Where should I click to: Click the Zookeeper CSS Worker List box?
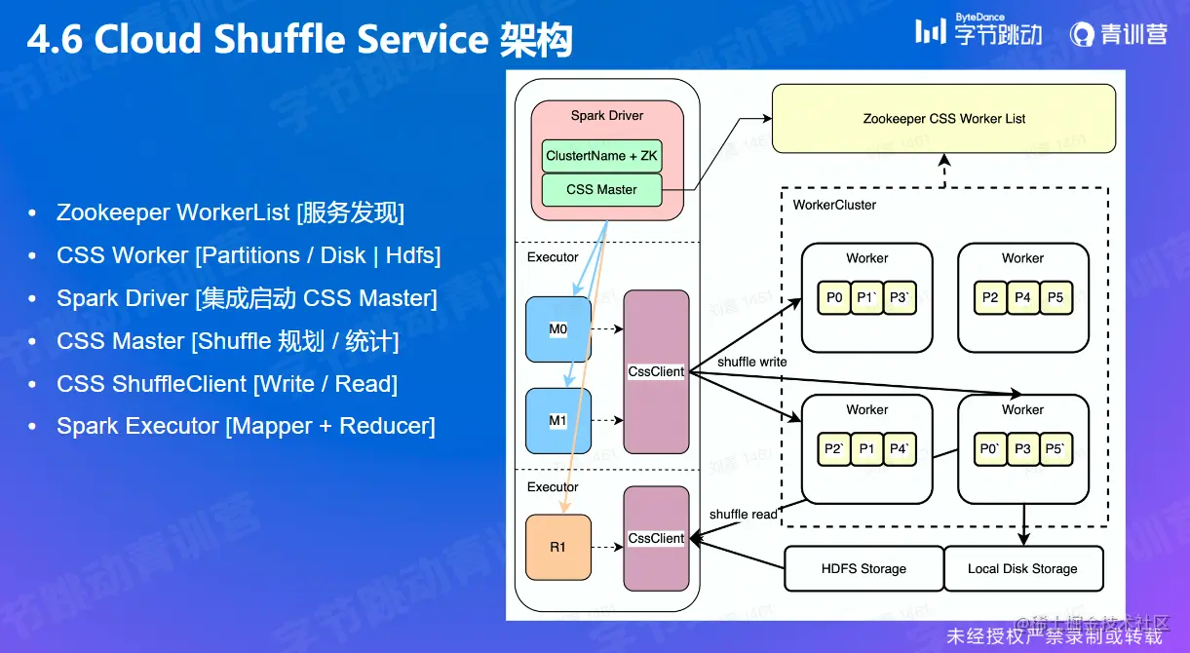943,119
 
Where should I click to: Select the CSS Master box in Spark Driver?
601,190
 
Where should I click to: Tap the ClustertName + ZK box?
601,156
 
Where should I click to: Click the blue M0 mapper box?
557,329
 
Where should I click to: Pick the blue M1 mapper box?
557,421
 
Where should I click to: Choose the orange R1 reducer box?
557,547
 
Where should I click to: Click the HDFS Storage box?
864,568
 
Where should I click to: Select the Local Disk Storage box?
1022,568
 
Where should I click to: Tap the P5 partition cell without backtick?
1056,297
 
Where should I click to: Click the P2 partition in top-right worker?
990,297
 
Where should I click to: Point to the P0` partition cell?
991,449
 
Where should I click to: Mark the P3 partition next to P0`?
1022,449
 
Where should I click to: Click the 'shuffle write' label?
751,362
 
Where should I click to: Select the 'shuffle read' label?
744,514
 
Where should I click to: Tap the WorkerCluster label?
834,206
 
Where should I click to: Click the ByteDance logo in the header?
979,31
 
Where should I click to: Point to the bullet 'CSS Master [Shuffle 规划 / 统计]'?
228,341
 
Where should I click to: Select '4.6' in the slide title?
56,40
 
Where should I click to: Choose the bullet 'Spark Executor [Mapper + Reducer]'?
246,426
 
